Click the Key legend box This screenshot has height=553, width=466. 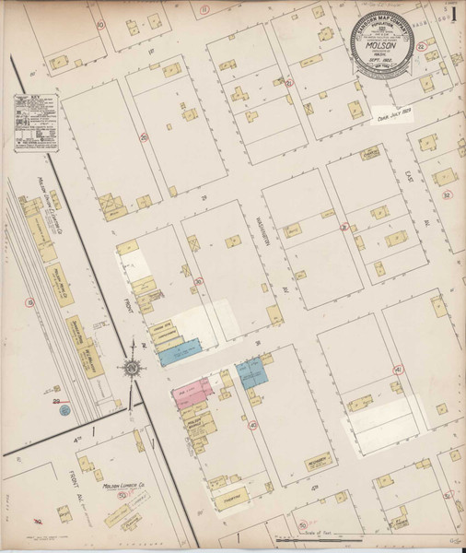point(29,119)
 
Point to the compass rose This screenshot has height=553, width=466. point(134,370)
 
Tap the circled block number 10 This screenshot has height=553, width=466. point(100,26)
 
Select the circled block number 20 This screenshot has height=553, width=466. point(144,137)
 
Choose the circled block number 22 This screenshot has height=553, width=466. point(421,45)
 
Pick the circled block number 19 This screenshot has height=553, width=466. point(30,301)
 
